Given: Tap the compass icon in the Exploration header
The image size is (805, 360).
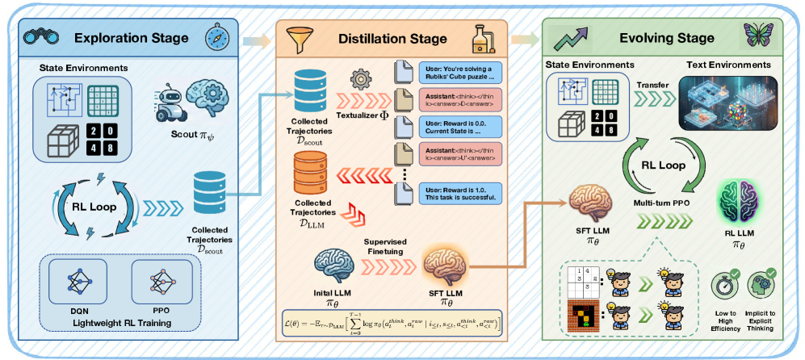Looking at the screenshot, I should (x=218, y=38).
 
